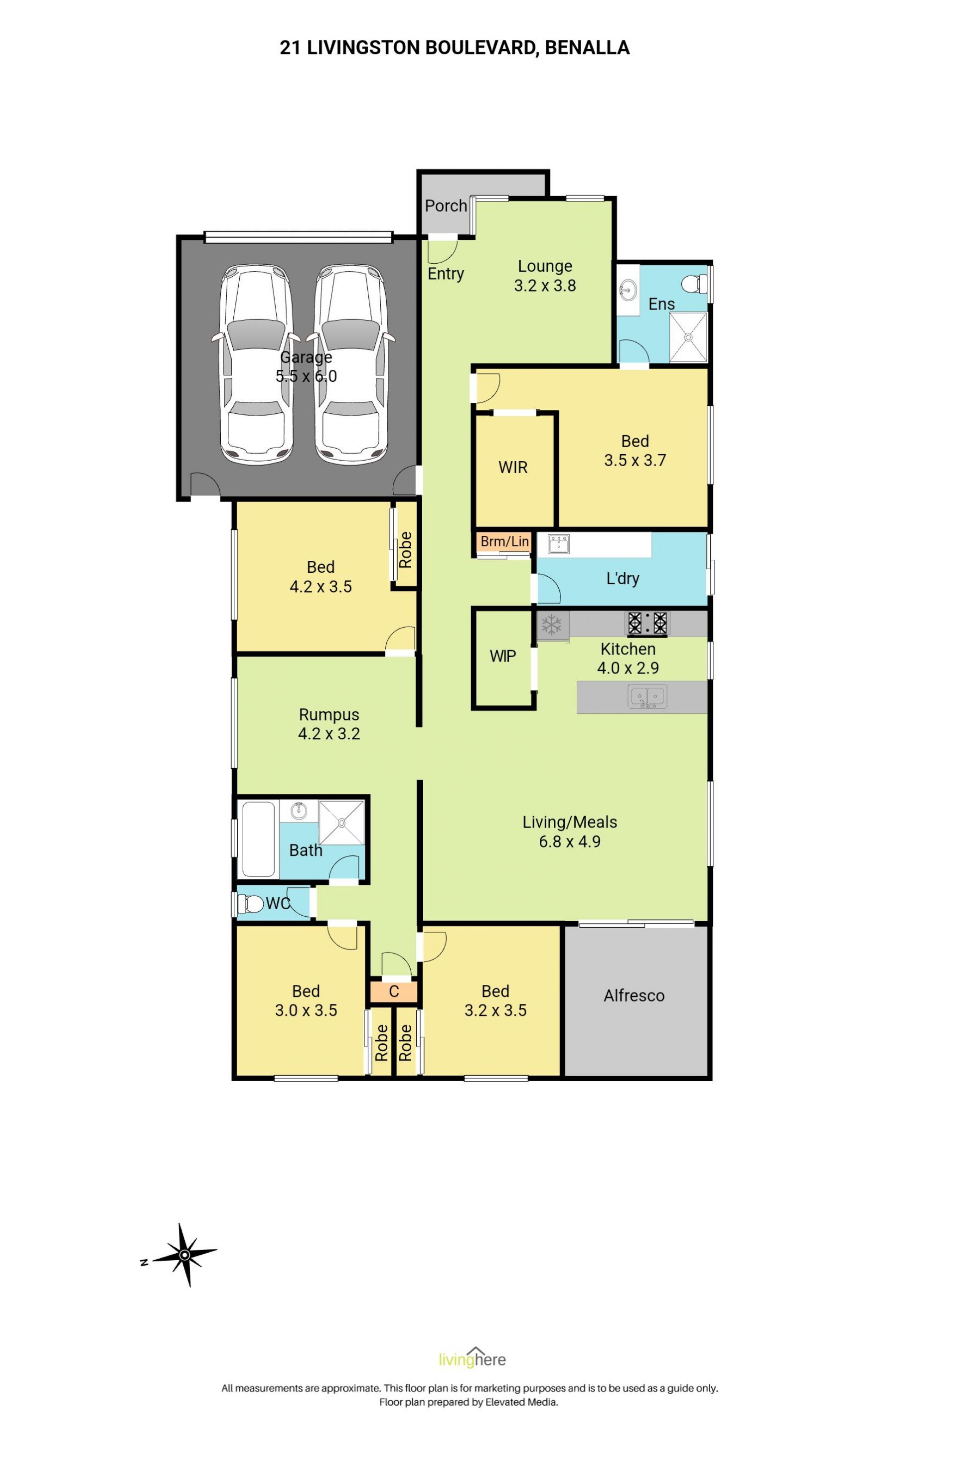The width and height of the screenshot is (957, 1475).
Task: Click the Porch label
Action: tap(446, 205)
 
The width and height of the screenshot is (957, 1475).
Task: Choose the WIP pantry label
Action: tap(502, 656)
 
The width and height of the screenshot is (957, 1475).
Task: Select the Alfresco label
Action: tap(634, 995)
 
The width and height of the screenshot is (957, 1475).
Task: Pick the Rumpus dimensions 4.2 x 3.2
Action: tap(328, 734)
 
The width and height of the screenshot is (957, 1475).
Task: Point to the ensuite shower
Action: tap(687, 336)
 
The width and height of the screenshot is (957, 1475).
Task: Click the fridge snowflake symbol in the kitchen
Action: tap(550, 624)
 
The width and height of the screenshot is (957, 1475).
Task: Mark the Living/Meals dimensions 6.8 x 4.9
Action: tap(569, 841)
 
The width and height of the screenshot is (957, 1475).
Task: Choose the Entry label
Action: tap(446, 274)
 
